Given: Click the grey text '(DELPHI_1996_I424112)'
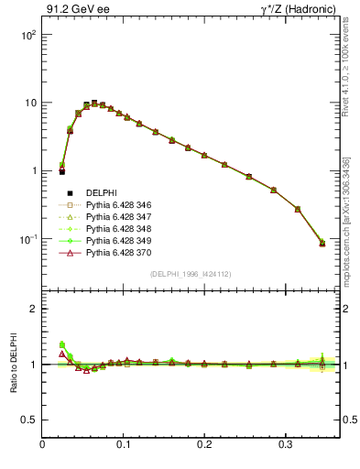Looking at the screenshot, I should [191, 273].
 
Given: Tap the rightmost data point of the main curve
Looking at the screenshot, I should [322, 243].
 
